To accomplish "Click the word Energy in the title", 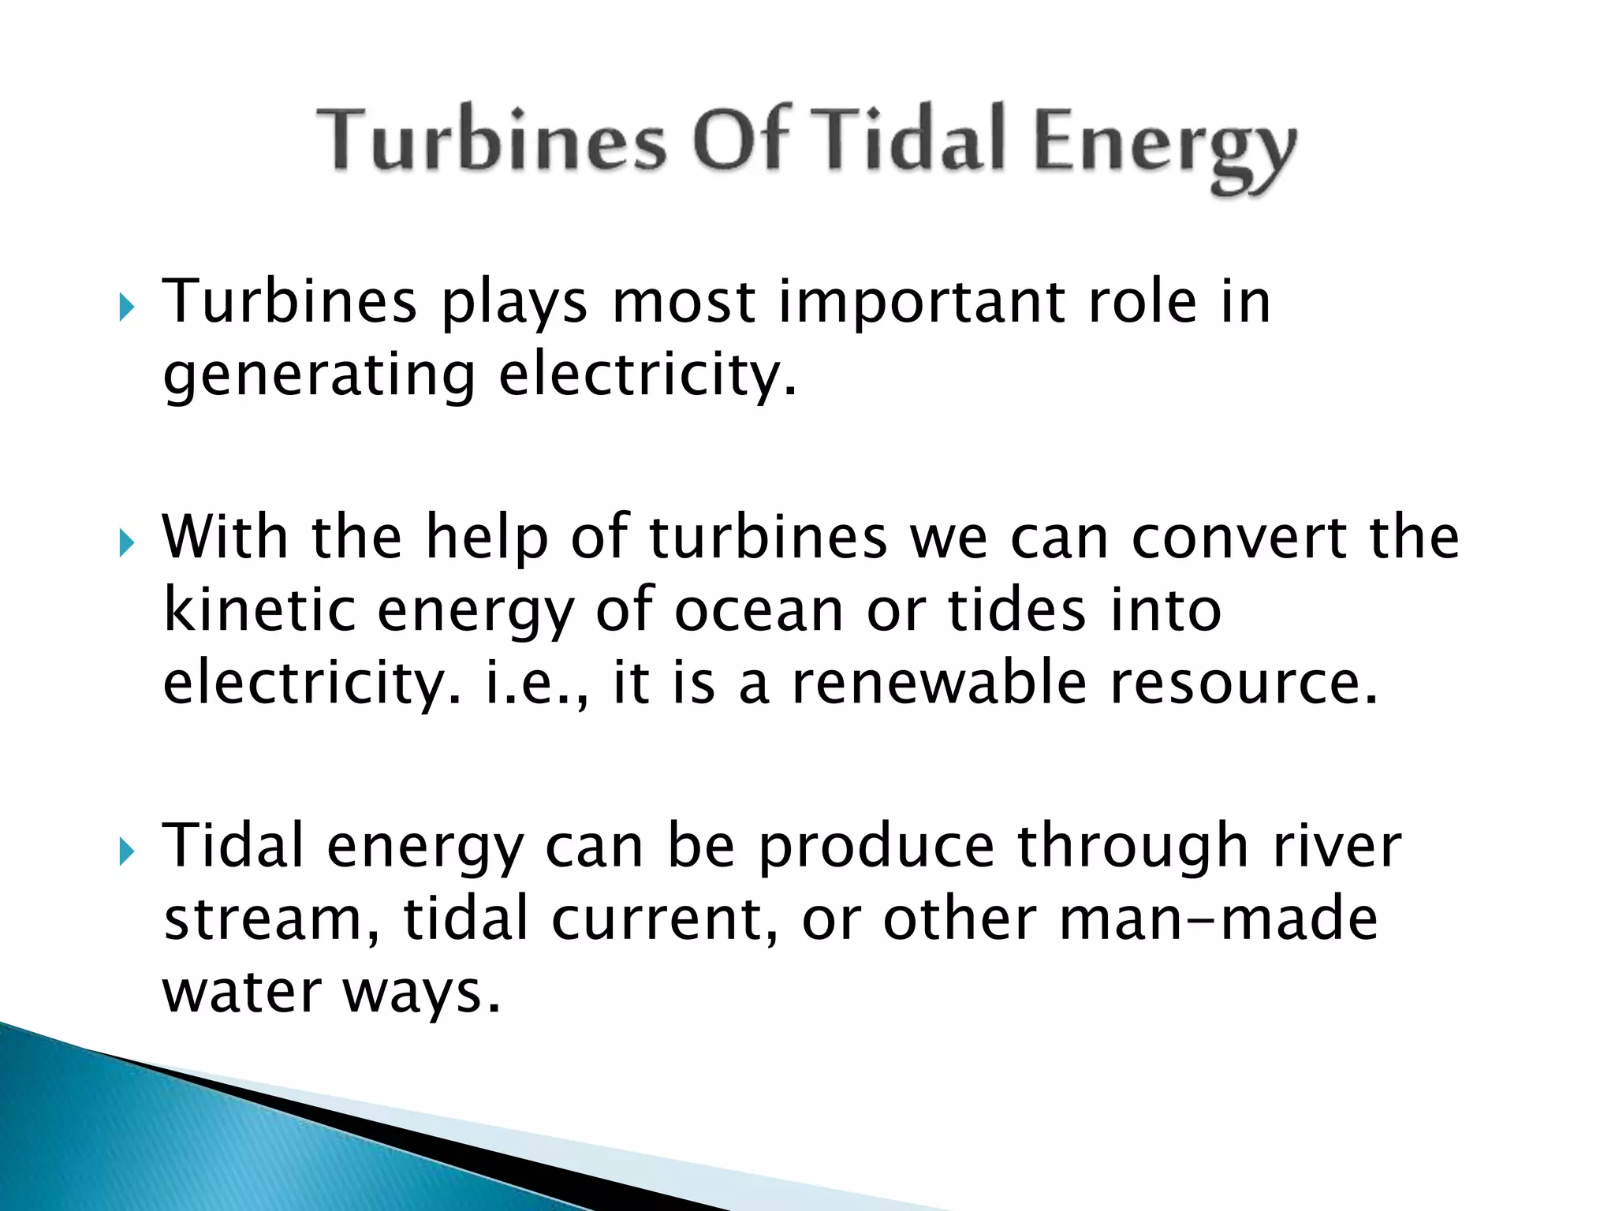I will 1164,146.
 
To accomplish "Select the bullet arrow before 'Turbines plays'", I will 126,306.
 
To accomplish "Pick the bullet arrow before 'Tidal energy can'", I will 126,851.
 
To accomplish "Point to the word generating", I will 319,376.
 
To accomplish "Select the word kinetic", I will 259,609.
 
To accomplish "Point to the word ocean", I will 759,611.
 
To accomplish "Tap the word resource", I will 1244,684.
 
